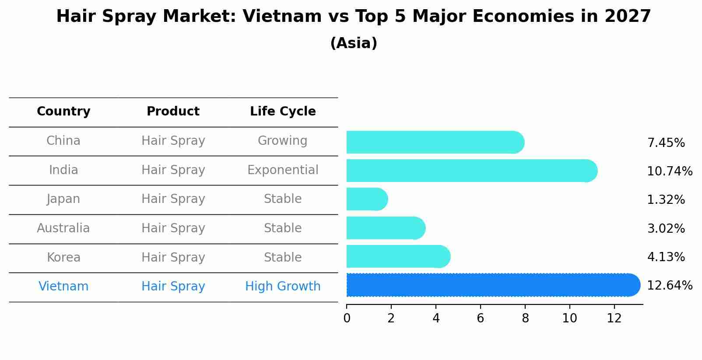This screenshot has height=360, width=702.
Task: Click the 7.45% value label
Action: coord(666,143)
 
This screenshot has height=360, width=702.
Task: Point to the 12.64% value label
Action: coord(669,286)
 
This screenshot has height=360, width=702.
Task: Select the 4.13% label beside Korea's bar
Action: coord(666,257)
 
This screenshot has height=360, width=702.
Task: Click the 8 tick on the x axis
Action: coord(525,318)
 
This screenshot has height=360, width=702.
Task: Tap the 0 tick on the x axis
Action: coord(347,318)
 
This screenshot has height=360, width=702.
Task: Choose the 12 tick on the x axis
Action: coord(614,318)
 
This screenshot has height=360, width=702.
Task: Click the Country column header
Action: coord(63,112)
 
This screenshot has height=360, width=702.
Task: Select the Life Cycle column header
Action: coord(283,112)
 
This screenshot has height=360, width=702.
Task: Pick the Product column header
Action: coord(173,112)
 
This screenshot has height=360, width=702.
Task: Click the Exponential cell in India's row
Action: coord(283,170)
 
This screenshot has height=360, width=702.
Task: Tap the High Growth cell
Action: coord(283,287)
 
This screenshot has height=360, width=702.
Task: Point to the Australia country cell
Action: coord(63,228)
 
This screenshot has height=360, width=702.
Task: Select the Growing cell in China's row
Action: coord(283,141)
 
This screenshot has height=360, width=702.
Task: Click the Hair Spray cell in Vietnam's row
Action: coord(173,287)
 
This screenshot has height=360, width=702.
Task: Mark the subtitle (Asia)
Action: coord(354,43)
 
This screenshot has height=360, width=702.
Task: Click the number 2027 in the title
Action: coord(628,17)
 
